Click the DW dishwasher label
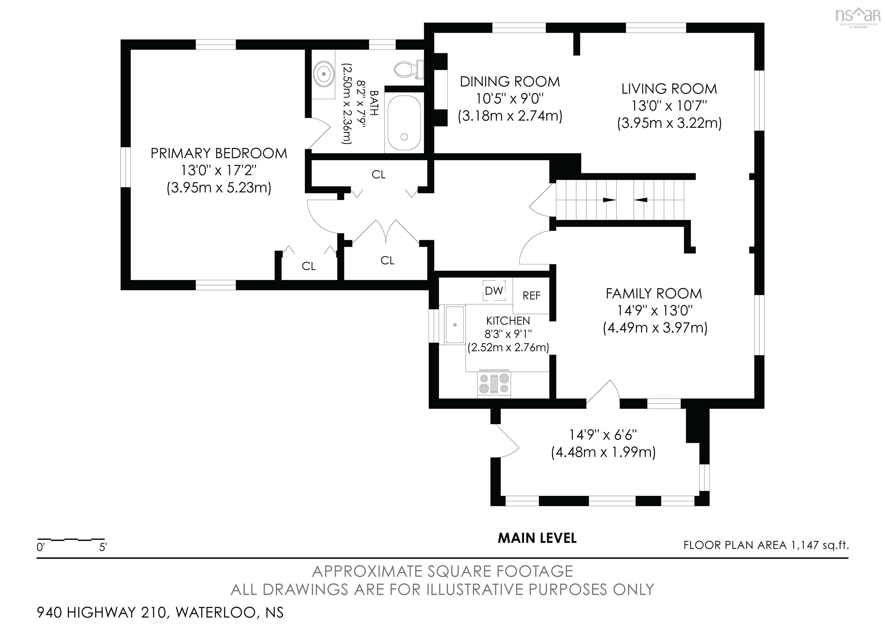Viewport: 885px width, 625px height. click(x=494, y=291)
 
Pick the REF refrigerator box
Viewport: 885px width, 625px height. click(x=531, y=296)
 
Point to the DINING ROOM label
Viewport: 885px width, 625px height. click(x=510, y=82)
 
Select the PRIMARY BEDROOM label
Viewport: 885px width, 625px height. click(x=219, y=153)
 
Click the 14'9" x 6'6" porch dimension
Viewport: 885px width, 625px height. click(x=603, y=435)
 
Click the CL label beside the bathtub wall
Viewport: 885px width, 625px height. click(x=379, y=175)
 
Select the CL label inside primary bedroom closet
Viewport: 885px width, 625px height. click(x=308, y=266)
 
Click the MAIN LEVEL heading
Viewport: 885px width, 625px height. click(x=537, y=538)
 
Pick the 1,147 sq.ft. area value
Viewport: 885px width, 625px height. click(x=820, y=545)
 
